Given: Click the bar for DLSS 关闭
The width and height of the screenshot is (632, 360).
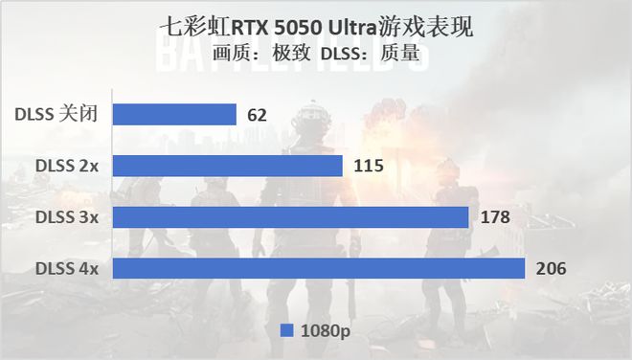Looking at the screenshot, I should coord(174,115).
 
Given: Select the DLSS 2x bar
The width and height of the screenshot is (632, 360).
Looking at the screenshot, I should coord(228,167).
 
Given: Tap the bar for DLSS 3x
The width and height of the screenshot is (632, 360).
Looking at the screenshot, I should coord(290,217).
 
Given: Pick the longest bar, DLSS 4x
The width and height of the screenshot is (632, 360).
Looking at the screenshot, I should coord(319,268).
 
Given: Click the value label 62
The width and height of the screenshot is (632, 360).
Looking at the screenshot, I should coord(258,116).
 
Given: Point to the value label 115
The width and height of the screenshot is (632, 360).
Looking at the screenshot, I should coord(368,167).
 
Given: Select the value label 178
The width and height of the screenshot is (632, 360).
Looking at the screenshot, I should coord(494,217).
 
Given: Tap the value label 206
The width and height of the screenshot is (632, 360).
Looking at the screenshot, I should coord(551,268).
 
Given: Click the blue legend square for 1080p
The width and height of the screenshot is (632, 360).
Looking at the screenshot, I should coord(285,330).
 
